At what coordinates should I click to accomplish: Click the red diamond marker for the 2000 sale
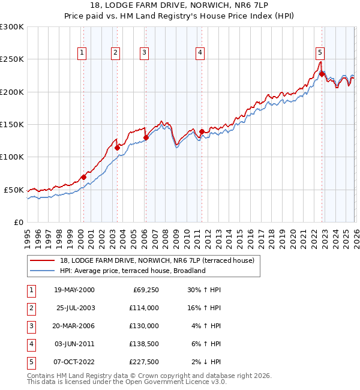[84, 177]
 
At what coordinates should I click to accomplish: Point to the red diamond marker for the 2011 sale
[202, 131]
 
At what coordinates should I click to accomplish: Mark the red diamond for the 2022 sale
[322, 74]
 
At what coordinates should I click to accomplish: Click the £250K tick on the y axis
[12, 59]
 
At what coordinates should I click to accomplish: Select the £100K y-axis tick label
[12, 157]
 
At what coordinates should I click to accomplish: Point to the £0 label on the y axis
[19, 222]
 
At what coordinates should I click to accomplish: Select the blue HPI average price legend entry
[133, 271]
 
